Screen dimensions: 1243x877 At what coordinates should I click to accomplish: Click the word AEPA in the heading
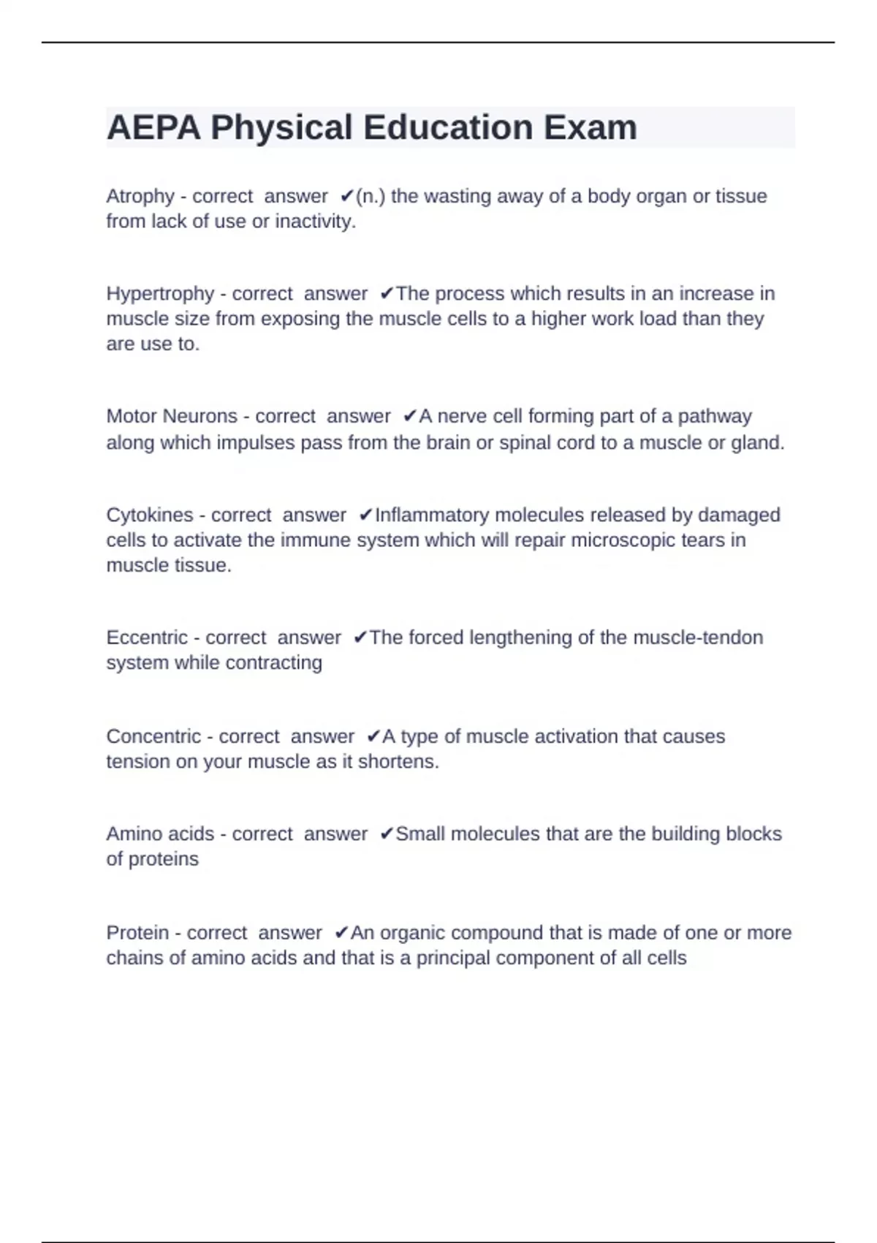click(x=153, y=128)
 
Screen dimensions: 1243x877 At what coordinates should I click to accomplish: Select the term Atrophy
click(x=140, y=197)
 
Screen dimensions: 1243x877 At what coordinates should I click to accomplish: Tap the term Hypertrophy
click(x=160, y=294)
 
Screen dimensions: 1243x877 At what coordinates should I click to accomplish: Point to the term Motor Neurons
click(x=172, y=416)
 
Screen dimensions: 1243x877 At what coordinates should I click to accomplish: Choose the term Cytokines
click(x=149, y=515)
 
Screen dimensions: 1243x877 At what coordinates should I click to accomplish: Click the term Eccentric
click(x=147, y=638)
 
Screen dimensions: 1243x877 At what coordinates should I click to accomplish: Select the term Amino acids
click(x=160, y=834)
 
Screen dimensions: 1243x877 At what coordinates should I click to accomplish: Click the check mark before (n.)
click(x=347, y=196)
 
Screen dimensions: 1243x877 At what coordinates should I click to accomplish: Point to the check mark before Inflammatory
click(x=366, y=515)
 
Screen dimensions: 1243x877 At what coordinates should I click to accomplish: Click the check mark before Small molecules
click(x=387, y=834)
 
